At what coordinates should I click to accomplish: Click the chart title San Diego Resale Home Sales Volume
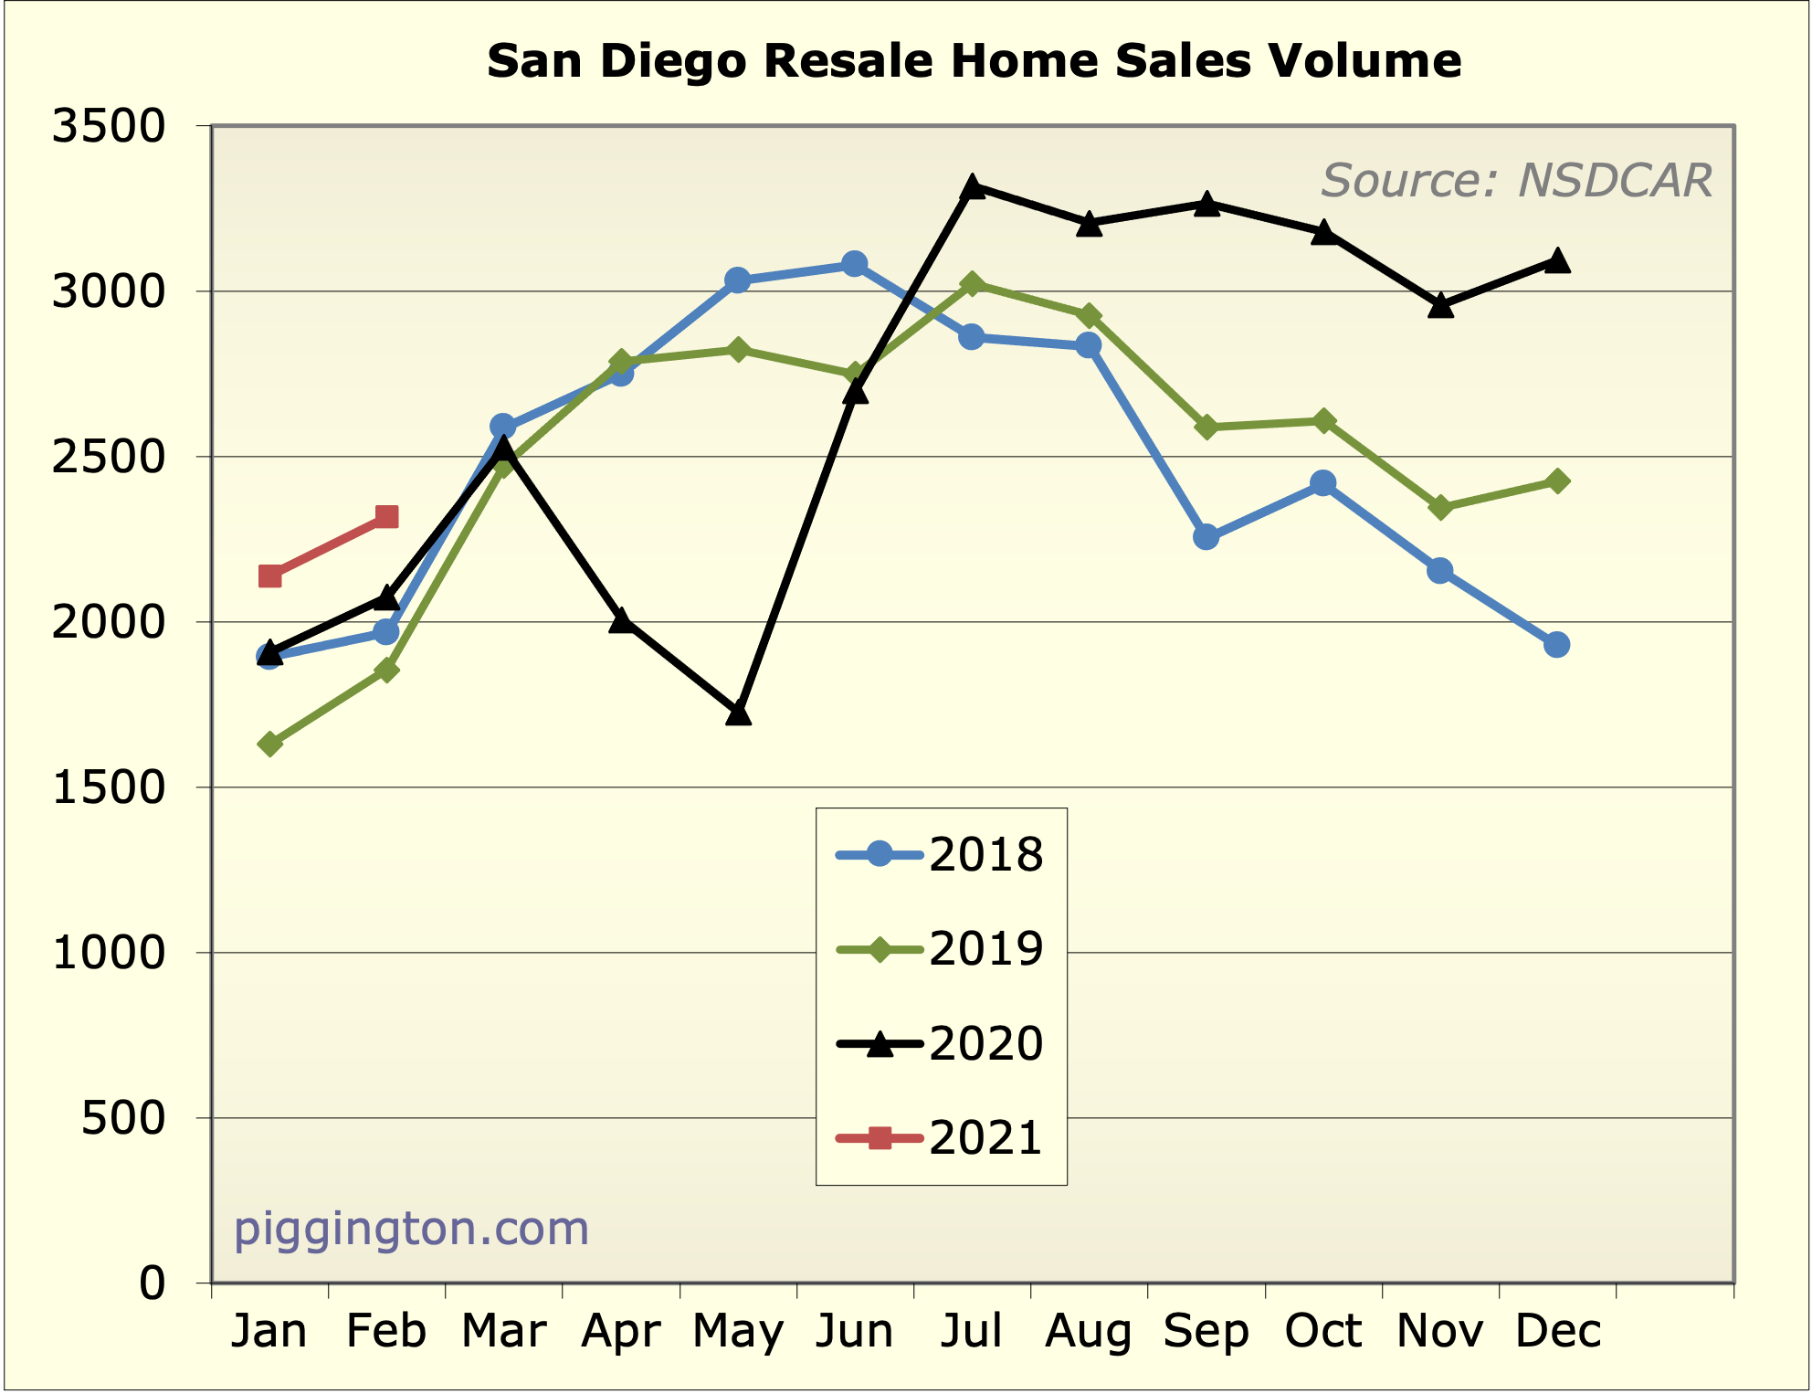point(974,61)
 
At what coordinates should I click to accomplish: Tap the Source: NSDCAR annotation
point(1516,180)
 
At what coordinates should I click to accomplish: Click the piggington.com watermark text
point(411,1229)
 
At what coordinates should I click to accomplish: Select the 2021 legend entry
point(941,1138)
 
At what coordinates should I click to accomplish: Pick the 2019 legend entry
point(941,949)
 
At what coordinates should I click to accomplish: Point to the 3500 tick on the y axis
point(109,126)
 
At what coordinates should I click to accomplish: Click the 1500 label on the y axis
point(109,787)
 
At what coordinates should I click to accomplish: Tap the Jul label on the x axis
point(972,1331)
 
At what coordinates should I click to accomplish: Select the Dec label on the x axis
point(1557,1331)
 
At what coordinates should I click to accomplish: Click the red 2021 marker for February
point(386,517)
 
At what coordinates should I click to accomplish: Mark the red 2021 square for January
point(269,576)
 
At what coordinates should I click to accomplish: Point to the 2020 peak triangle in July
point(973,187)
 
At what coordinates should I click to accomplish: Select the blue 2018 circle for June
point(855,264)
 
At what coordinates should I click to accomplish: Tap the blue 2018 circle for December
point(1557,645)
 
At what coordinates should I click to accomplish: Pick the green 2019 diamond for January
point(269,745)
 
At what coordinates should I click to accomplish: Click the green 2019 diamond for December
point(1557,481)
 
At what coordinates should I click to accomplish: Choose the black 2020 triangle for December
point(1557,261)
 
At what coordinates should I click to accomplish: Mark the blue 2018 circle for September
point(1206,537)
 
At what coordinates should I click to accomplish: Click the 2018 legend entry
point(941,855)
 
